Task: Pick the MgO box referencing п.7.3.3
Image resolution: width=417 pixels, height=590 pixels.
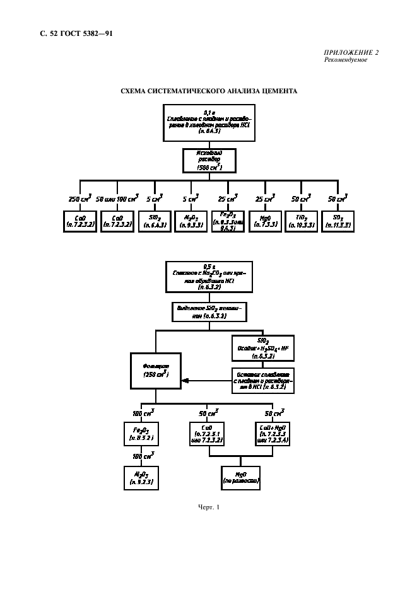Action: [261, 221]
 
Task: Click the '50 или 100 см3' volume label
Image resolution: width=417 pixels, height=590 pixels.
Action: [116, 199]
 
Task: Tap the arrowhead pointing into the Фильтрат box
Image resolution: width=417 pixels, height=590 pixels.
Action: [184, 379]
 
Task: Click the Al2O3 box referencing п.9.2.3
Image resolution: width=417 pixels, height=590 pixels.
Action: [142, 477]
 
